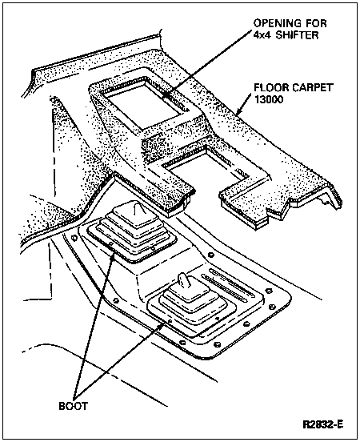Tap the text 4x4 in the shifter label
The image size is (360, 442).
coord(262,35)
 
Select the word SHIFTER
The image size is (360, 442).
coord(297,35)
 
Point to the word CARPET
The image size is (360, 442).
coord(312,87)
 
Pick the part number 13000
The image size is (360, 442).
coord(269,99)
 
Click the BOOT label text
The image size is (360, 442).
coord(74,406)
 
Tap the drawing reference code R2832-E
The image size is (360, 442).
coord(323,424)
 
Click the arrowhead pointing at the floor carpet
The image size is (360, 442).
coord(240,111)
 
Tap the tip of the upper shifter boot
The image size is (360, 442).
coord(136,207)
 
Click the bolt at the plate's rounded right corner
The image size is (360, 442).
coord(271,306)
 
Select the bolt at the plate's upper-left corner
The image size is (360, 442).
coord(74,238)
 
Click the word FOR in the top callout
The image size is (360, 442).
coord(317,23)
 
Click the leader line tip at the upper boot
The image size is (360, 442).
coord(114,253)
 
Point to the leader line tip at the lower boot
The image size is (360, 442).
coord(163,324)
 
